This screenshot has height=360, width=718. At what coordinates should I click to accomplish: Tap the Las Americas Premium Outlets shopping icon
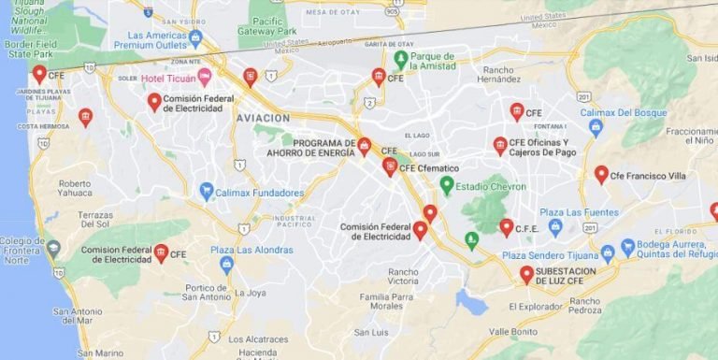(194, 38)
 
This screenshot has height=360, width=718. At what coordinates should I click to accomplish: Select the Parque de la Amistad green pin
(401, 60)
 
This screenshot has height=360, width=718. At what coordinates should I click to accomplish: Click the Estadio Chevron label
(491, 186)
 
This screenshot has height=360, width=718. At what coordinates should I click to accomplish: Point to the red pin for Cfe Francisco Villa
(601, 174)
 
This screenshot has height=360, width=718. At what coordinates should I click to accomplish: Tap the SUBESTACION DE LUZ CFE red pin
(526, 274)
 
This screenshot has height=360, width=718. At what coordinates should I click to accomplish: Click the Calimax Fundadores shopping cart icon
(207, 192)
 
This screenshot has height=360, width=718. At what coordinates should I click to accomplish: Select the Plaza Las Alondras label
(251, 250)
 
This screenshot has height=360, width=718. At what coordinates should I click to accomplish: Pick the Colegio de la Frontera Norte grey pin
(53, 249)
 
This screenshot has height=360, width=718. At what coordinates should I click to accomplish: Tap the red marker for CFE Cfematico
(390, 167)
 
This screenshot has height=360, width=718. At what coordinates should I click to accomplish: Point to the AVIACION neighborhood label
(263, 119)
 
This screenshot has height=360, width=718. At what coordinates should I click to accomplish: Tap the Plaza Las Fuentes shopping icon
(555, 226)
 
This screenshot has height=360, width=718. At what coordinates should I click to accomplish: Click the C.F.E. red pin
(507, 226)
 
